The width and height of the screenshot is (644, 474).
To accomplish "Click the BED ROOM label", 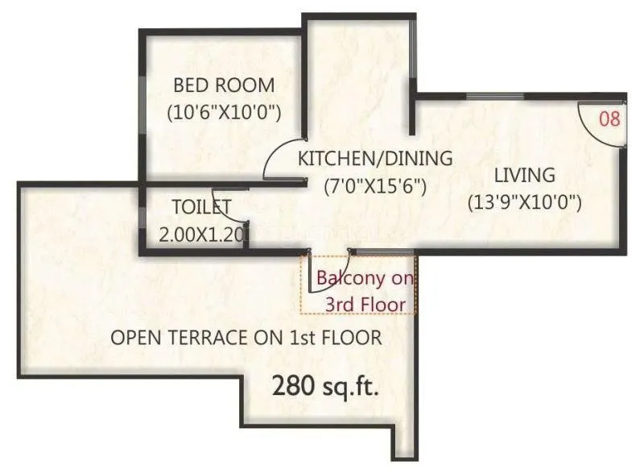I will coord(224,85).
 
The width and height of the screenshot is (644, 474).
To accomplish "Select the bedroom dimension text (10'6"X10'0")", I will coord(223,112).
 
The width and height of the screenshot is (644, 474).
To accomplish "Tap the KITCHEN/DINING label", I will coord(375,158).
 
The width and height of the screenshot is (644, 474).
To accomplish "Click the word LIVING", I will coord(524,174).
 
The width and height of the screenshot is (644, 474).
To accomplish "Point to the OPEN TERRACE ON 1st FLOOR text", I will coord(246,338).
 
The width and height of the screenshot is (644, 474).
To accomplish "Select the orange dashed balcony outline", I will coord(415,290).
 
